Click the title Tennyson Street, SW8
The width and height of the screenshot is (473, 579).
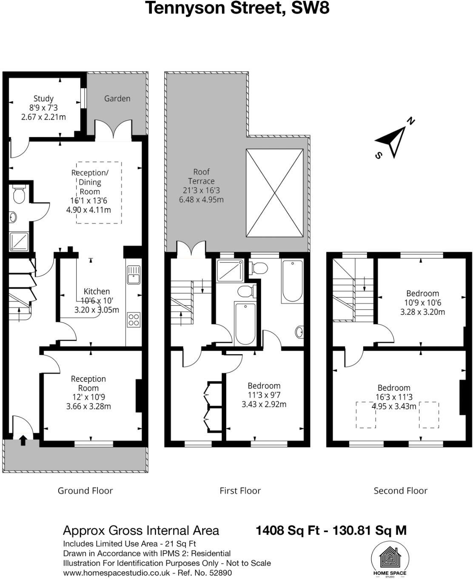click(237, 8)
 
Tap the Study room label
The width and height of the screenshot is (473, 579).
click(43, 98)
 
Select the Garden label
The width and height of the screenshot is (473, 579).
click(117, 98)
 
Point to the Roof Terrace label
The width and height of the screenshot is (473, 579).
click(201, 176)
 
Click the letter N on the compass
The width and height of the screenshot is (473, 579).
click(410, 121)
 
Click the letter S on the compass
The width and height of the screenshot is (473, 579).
click(378, 155)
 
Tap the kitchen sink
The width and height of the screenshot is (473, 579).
click(134, 274)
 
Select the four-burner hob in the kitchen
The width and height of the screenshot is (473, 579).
click(134, 319)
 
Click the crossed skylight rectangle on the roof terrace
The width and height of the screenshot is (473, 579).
click(275, 193)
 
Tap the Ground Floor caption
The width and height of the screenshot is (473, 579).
click(85, 490)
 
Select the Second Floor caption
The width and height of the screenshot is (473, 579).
click(400, 490)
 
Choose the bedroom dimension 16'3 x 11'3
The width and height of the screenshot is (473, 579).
click(394, 397)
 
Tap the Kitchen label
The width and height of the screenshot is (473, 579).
click(97, 291)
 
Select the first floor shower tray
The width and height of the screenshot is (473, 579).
click(230, 270)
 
